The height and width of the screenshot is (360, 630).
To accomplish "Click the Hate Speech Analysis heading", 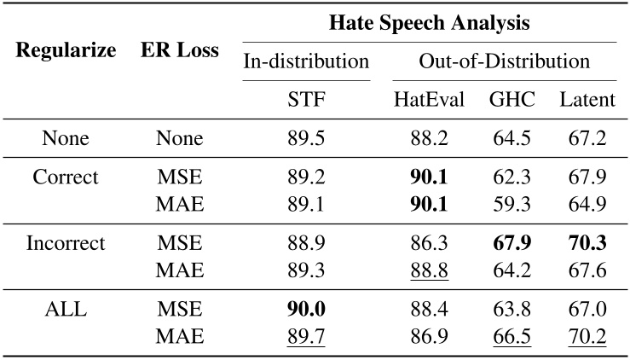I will point(430,23).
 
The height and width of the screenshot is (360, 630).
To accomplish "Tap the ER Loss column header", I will point(180,50).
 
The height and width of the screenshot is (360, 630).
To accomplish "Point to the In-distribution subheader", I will point(306,61).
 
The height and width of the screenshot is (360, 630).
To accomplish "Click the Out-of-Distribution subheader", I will point(504,61).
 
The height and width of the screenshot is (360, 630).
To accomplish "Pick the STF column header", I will point(306,100).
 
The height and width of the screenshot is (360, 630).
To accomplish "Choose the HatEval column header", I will point(429,100).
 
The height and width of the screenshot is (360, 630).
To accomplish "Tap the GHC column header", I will point(512,100).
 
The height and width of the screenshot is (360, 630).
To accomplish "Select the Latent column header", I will point(587,100).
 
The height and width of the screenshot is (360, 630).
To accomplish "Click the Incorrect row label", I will point(66,243).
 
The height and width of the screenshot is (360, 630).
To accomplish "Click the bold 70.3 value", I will point(587,243).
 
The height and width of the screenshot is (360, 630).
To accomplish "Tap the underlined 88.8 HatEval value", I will point(429,270).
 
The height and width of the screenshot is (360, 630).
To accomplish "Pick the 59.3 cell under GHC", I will point(512,205).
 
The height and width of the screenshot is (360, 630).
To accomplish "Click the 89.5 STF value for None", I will point(306,139).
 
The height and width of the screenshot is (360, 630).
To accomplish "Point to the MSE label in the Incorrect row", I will point(180,243).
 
